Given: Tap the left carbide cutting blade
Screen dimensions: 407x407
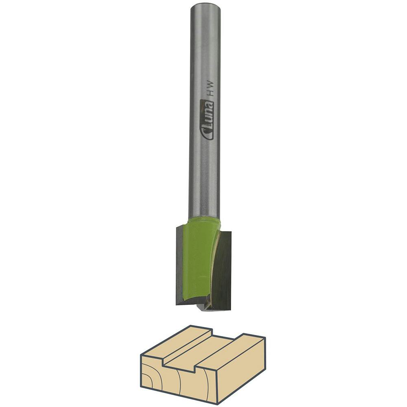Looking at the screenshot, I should [180, 265].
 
